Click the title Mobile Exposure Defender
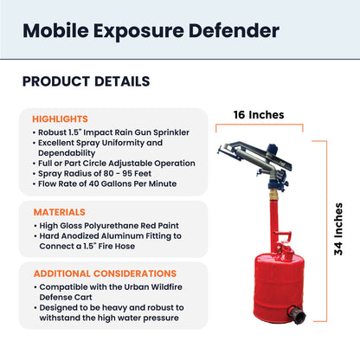(151, 31)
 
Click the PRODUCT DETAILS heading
(86, 82)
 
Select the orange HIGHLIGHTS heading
(60, 119)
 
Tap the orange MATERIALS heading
(59, 211)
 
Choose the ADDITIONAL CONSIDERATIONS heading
(105, 273)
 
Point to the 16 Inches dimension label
(259, 114)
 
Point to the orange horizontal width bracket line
(259, 126)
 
